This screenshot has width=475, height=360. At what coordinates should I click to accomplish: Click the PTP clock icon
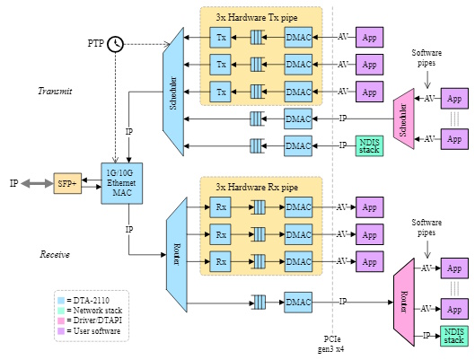pos(115,45)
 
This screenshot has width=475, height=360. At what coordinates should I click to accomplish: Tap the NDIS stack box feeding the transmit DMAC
pos(369,145)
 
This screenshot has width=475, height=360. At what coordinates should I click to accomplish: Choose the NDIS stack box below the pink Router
pos(454,337)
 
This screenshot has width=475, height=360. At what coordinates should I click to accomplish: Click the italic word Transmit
pos(55,92)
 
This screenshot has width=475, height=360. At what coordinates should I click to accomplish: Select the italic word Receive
pos(55,255)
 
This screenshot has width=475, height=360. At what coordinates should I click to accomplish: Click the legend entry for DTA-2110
pos(90,299)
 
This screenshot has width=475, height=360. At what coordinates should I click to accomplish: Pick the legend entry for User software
pos(93,331)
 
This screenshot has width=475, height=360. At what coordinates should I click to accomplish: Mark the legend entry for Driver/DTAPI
pos(93,320)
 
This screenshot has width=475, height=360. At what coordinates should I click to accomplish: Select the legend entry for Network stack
pos(93,310)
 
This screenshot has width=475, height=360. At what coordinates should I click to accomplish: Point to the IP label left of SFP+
pos(13,183)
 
